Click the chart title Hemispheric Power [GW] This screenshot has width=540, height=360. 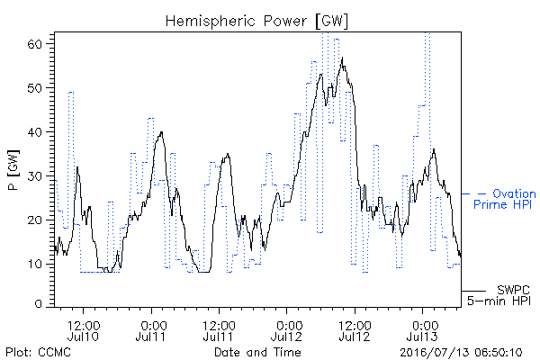(256, 22)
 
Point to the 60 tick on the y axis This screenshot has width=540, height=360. (34, 44)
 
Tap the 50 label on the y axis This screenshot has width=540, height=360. (34, 88)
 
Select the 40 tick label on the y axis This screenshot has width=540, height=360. (34, 132)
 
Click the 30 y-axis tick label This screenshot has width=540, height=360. (34, 176)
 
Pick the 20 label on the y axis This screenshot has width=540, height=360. (34, 220)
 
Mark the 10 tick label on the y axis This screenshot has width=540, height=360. (34, 265)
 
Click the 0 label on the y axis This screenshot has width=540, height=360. (38, 304)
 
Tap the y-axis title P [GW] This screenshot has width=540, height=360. (13, 170)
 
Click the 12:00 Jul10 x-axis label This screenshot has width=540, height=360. (83, 330)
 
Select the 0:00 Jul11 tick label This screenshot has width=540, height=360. (151, 330)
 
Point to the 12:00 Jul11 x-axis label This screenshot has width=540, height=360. (219, 330)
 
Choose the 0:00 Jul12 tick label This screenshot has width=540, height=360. (286, 330)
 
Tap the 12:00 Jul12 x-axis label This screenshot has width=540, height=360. (355, 330)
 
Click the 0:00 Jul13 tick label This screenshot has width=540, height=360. (422, 330)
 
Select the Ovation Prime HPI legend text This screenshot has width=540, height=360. (505, 199)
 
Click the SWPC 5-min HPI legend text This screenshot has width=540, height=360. (499, 295)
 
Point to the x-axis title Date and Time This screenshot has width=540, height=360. (257, 352)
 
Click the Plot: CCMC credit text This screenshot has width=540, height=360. (38, 353)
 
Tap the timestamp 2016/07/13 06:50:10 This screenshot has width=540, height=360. (461, 353)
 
